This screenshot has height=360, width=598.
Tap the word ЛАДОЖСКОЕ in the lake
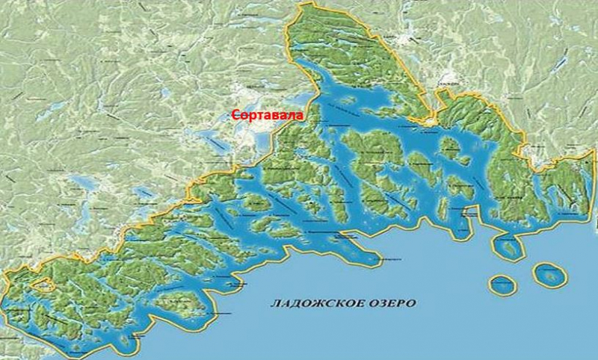pos(312,304)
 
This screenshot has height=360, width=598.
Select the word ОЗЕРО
pos(388,304)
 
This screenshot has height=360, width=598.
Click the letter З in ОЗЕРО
pos(380,304)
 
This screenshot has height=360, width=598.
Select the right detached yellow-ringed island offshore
pos(549,274)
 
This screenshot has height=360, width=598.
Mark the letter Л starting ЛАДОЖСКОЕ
pos(273,304)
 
